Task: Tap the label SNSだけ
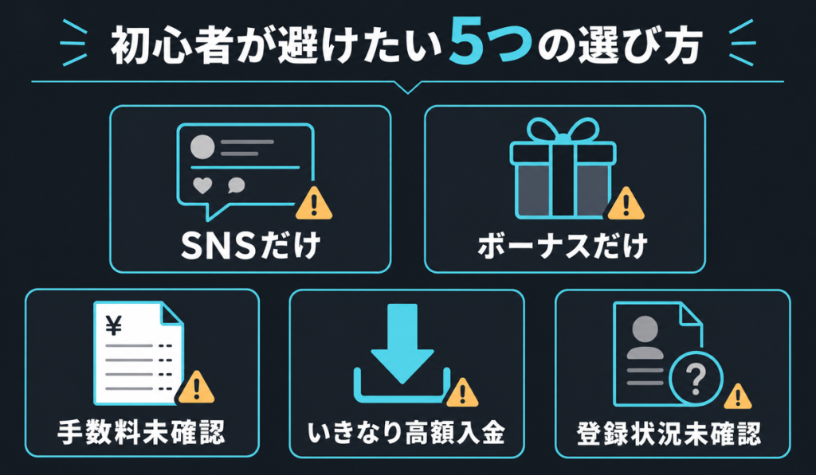click(250, 245)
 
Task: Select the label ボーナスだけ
click(563, 245)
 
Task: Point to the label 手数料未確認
click(141, 432)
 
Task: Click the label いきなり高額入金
click(406, 432)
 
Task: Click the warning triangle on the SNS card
click(313, 204)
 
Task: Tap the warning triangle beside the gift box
click(626, 204)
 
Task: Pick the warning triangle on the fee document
click(196, 387)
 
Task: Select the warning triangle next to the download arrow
click(462, 393)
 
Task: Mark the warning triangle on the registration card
click(737, 397)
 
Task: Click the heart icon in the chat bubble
click(202, 185)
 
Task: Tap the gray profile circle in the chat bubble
click(202, 147)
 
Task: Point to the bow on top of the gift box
click(563, 130)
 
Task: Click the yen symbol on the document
click(113, 326)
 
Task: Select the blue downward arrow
click(402, 344)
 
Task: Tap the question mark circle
click(696, 379)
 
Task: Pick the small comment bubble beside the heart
click(236, 185)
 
